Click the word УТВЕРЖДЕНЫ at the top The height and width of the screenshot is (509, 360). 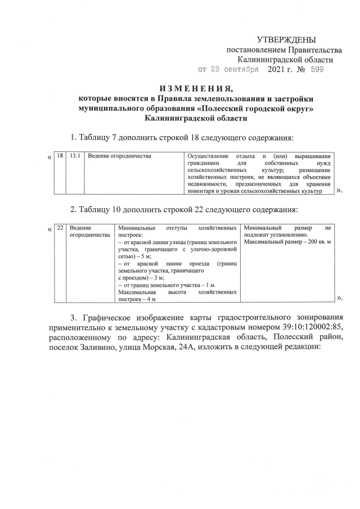click(286, 40)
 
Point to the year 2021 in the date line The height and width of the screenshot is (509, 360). click(277, 70)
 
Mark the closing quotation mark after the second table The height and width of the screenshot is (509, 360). click(339, 298)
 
